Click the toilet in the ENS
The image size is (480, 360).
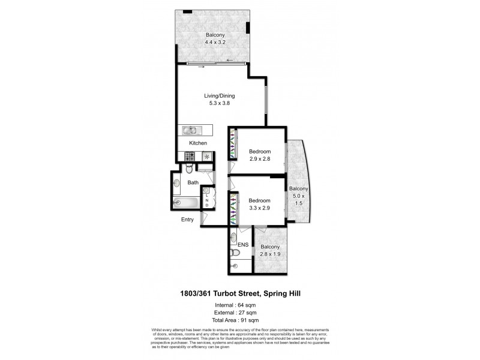(x=235, y=263)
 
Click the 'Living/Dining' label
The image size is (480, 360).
(x=219, y=95)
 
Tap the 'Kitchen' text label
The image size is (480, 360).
(x=198, y=143)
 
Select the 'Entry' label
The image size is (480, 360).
(x=188, y=220)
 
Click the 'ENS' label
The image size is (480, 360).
(x=242, y=245)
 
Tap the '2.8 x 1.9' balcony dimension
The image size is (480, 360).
(x=271, y=254)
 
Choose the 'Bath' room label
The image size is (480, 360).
(x=193, y=182)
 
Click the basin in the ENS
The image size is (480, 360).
(x=235, y=238)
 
